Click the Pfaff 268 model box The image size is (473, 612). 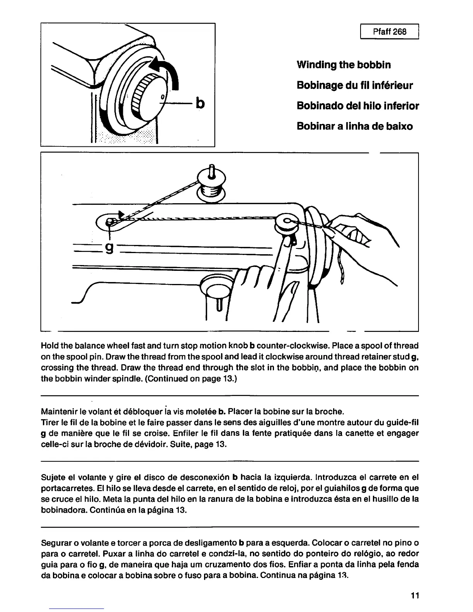[390, 32]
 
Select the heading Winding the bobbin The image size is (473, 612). [344, 65]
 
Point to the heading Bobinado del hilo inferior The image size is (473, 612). [358, 106]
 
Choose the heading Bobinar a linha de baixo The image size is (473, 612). [354, 126]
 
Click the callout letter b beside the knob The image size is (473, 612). [200, 103]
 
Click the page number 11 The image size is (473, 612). [415, 595]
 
